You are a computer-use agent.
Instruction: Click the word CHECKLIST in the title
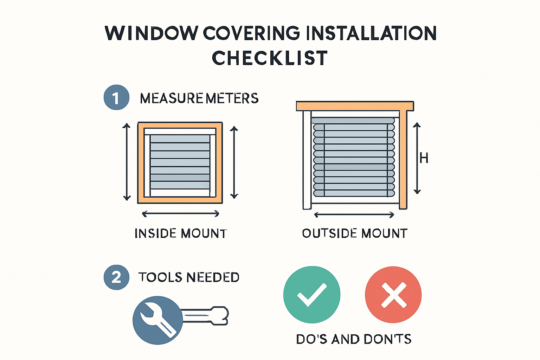coord(270,58)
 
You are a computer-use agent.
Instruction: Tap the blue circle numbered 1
coord(116,97)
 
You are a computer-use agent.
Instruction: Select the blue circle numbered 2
coord(116,277)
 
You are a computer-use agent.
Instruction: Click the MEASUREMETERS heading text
coord(199,98)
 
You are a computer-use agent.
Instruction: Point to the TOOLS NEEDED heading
coord(189,277)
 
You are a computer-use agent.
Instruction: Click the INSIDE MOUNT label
coord(181,233)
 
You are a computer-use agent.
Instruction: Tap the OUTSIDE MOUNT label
coord(354,233)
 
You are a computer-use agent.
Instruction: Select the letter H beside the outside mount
coord(424,158)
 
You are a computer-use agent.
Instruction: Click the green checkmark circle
coord(311,295)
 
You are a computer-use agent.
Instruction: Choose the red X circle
coord(393,295)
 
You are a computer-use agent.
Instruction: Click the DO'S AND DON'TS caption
coord(354,339)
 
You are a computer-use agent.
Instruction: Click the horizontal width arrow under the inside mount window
coord(180,213)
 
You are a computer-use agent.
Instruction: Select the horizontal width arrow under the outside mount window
coord(354,214)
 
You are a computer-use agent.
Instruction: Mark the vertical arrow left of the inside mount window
coord(127,162)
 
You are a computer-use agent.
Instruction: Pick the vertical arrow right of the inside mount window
coord(234,162)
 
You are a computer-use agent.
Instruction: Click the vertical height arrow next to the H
coord(417,158)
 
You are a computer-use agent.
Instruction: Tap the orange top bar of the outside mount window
coord(355,106)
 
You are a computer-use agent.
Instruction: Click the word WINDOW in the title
coord(151,33)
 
